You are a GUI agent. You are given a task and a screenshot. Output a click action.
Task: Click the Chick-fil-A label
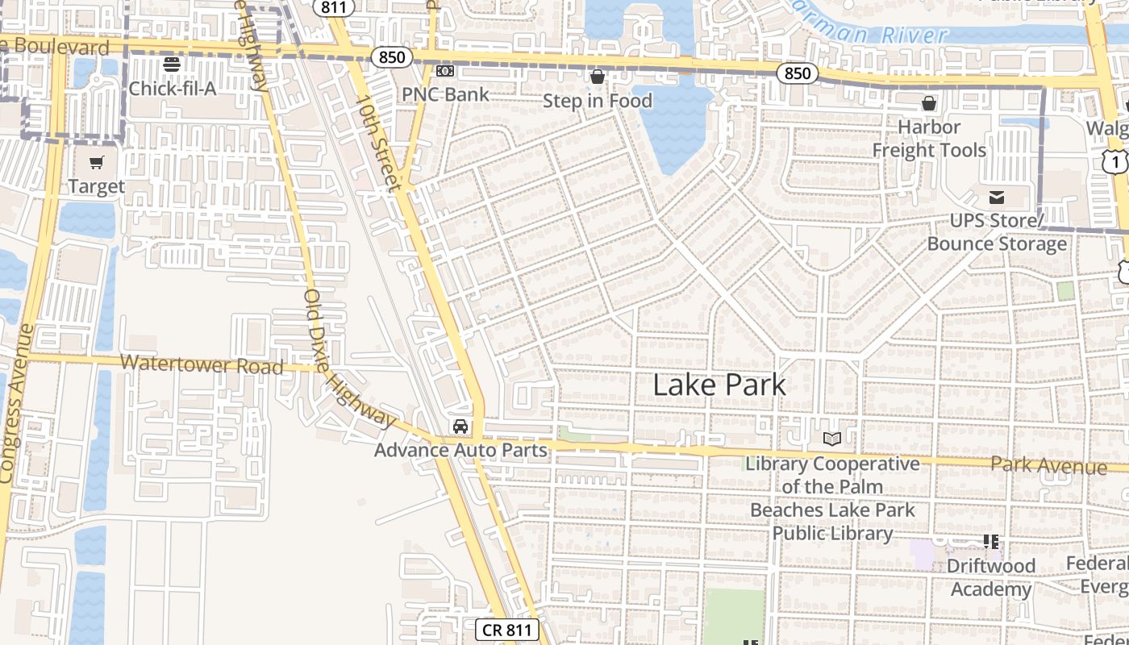[172, 89]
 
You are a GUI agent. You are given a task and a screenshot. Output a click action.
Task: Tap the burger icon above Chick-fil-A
[172, 64]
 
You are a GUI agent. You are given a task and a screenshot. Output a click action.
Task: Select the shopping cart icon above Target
[97, 163]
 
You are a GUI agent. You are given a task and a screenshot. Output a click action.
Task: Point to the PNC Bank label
[445, 94]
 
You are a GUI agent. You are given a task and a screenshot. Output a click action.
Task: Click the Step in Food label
[597, 101]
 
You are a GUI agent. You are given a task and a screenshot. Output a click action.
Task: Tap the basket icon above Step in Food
[598, 77]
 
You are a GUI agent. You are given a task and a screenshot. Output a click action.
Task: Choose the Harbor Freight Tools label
[929, 139]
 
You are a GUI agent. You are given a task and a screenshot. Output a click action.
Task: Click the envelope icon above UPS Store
[997, 198]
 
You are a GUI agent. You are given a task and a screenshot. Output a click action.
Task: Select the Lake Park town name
[719, 385]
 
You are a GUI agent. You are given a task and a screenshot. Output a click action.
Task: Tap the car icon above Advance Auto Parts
[460, 427]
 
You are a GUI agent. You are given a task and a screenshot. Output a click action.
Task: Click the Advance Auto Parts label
[460, 450]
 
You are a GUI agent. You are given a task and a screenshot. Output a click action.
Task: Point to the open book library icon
[832, 439]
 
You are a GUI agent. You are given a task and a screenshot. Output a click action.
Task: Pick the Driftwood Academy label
[990, 577]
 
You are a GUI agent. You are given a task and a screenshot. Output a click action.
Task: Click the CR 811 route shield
[506, 630]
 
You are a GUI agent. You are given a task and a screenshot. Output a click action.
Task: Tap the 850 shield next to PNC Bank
[392, 57]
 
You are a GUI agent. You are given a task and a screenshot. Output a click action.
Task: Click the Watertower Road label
[202, 364]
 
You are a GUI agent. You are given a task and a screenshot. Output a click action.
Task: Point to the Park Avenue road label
[1048, 465]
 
